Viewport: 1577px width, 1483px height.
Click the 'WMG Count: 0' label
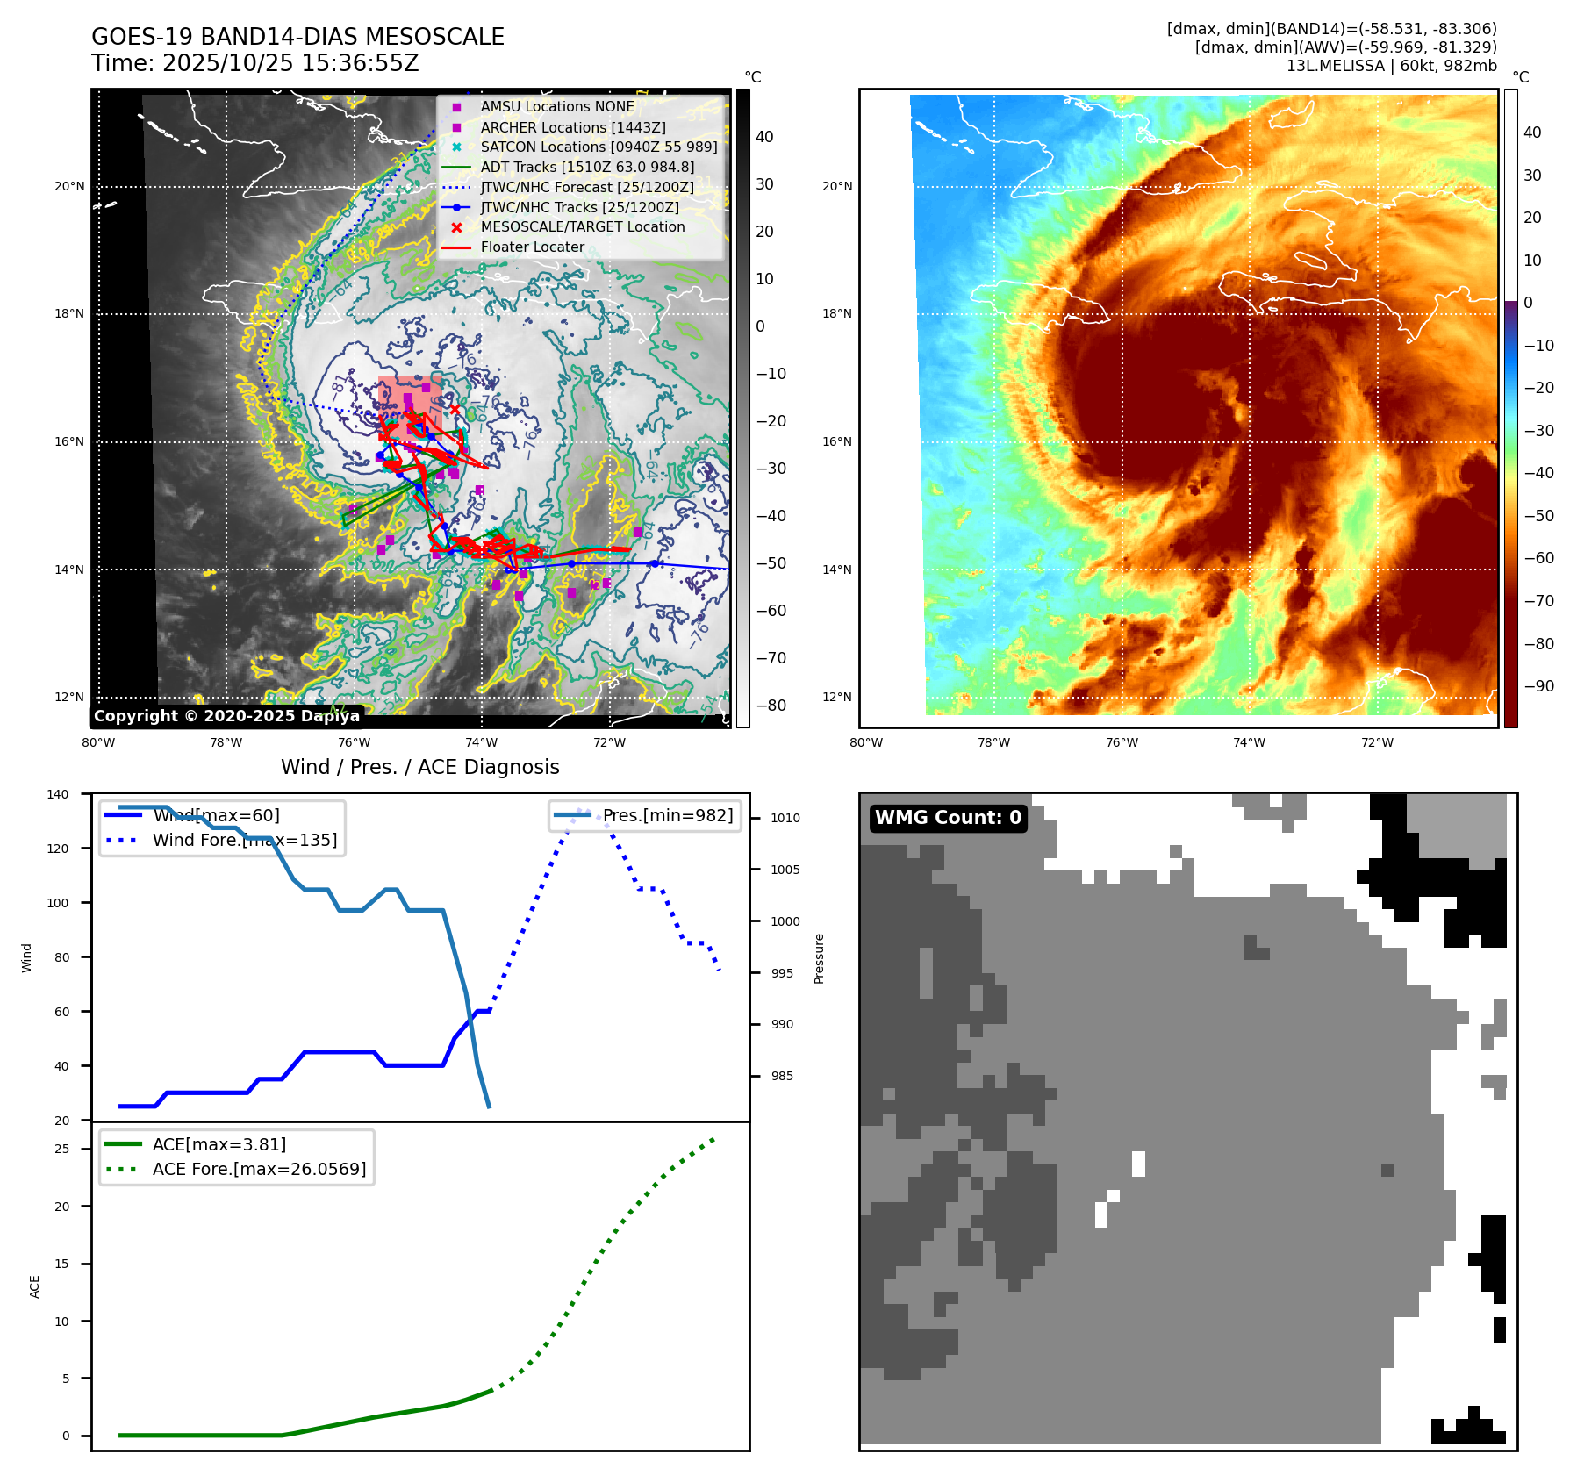point(948,818)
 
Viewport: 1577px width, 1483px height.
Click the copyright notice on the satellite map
point(226,716)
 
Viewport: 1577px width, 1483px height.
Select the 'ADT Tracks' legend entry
point(587,167)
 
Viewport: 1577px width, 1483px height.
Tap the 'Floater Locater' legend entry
point(532,247)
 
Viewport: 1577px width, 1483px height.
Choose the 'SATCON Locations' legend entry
point(599,147)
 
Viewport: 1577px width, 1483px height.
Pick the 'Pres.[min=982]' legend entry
point(667,815)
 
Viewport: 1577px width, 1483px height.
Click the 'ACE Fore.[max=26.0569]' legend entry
point(259,1169)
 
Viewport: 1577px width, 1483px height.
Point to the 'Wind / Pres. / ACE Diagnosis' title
point(419,767)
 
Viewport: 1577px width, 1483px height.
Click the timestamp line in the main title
point(254,63)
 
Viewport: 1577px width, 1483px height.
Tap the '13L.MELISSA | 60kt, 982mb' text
point(1391,66)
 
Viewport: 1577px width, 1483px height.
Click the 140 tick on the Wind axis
point(58,794)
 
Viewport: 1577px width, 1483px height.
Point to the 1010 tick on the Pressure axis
point(785,818)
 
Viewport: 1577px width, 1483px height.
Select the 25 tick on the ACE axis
point(61,1149)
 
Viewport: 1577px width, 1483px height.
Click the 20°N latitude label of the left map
point(69,186)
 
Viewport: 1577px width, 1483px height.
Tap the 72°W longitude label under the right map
point(1377,742)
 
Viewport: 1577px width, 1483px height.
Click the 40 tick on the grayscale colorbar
point(764,137)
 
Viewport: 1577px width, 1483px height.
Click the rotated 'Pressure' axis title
point(819,958)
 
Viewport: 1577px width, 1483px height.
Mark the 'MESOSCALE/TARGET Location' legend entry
point(582,226)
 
